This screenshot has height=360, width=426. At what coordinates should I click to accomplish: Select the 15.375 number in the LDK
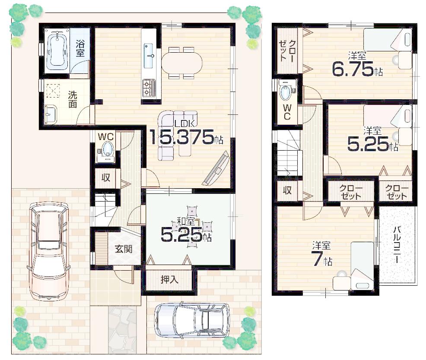pos(181,137)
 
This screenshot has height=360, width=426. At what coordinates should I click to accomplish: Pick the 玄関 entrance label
pos(123,249)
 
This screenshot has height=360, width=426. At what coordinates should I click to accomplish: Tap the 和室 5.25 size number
pos(181,235)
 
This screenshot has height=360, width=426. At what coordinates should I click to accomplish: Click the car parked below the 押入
pos(191,320)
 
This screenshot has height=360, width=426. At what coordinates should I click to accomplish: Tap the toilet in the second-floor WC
pos(286,92)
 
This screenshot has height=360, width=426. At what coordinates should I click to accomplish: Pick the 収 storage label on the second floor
pos(287,190)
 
